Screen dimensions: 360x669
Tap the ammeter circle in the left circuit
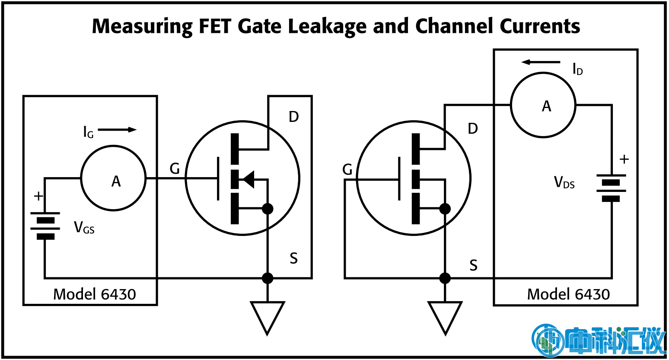pos(113,178)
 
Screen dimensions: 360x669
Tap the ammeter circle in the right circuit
pos(543,105)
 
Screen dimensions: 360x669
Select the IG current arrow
pos(117,130)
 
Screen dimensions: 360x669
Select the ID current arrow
pos(541,62)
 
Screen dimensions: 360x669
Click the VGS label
pos(84,227)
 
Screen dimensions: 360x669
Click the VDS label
pos(564,182)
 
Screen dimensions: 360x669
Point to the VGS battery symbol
pos(45,225)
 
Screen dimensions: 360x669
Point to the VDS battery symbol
pos(611,188)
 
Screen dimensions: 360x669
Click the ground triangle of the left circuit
pos(268,315)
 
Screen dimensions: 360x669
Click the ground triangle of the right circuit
pos(445,315)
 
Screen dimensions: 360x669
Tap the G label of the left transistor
pos(175,169)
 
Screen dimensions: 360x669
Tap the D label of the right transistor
pos(473,128)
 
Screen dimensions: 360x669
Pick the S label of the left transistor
pos(294,258)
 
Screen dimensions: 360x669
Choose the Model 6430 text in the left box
pos(94,294)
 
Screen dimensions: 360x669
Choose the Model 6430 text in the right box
pos(568,294)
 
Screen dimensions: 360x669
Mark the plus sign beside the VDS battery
pos(624,159)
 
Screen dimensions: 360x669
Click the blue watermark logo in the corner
pos(598,341)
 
